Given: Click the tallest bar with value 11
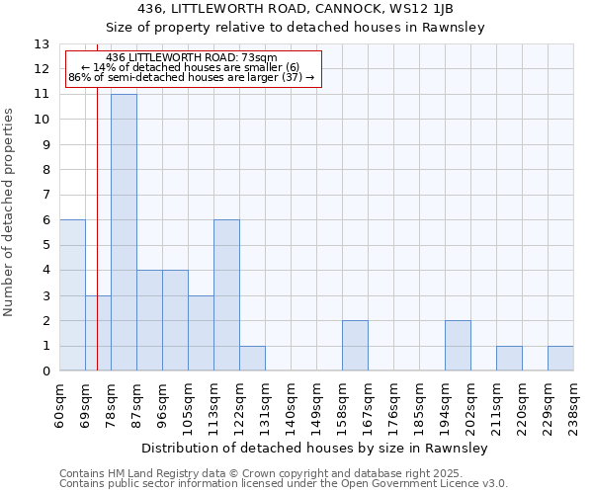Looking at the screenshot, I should click(x=124, y=232).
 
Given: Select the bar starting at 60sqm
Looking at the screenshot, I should click(x=72, y=295).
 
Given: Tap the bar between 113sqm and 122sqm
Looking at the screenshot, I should click(x=226, y=295).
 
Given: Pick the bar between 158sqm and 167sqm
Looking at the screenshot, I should click(x=355, y=346).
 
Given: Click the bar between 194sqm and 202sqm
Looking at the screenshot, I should click(x=458, y=346).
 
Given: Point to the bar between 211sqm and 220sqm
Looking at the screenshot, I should click(x=509, y=359).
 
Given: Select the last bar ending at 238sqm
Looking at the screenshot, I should click(x=560, y=359).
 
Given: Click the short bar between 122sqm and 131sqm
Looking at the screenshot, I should click(x=252, y=359).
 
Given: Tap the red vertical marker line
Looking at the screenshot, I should click(x=97, y=247).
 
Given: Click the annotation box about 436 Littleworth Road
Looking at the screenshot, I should click(x=193, y=67).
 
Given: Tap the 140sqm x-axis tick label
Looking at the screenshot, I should click(x=291, y=403).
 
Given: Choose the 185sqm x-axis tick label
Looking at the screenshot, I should click(x=419, y=403).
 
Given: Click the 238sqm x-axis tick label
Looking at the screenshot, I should click(x=573, y=403).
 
